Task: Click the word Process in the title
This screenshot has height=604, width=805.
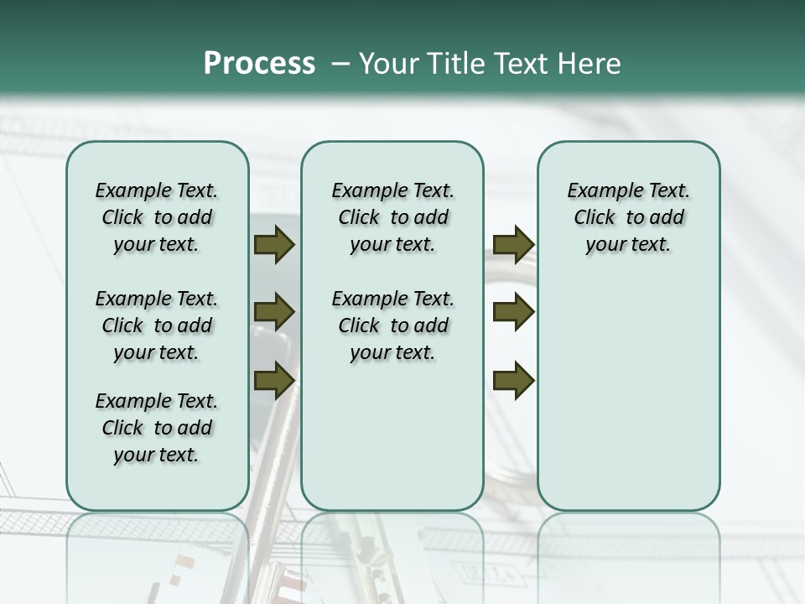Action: (259, 64)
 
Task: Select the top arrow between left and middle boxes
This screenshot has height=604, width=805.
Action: (273, 245)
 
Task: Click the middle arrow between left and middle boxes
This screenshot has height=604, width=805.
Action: (273, 313)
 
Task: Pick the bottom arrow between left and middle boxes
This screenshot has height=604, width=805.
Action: (273, 380)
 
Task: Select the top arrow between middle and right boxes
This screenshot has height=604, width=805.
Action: (513, 245)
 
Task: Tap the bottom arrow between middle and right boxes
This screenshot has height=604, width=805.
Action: (513, 380)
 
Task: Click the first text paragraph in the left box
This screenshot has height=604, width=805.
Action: (157, 217)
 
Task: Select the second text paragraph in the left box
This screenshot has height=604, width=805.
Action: (157, 325)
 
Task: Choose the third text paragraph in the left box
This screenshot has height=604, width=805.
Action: (157, 428)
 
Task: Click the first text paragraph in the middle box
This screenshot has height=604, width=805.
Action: (392, 217)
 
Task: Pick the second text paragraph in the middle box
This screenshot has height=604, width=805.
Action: (392, 325)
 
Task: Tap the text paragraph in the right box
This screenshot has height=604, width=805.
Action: (629, 217)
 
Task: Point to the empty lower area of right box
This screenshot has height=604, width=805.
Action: (629, 394)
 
